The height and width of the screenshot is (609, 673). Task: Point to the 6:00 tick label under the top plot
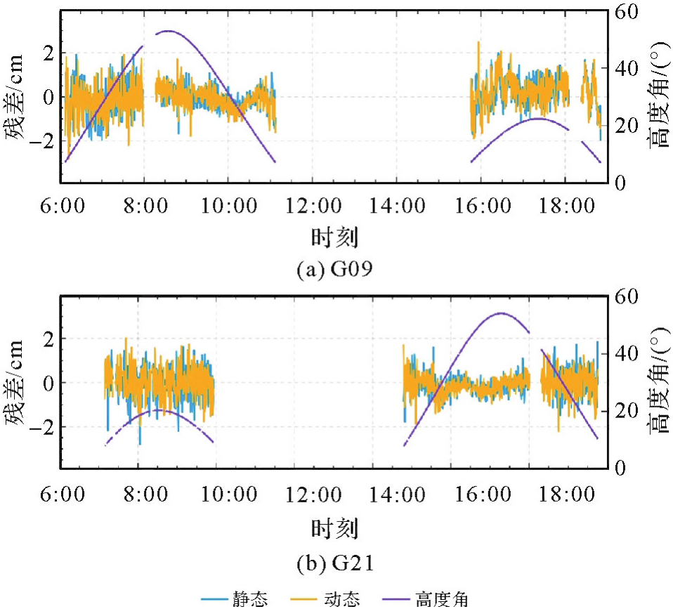tap(64, 207)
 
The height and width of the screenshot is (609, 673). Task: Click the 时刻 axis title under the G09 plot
tap(334, 237)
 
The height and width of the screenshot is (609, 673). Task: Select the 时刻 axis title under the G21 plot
tap(334, 527)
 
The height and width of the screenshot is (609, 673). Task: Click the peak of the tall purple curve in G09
tap(167, 31)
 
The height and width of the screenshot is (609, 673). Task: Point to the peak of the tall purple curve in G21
tap(500, 313)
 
